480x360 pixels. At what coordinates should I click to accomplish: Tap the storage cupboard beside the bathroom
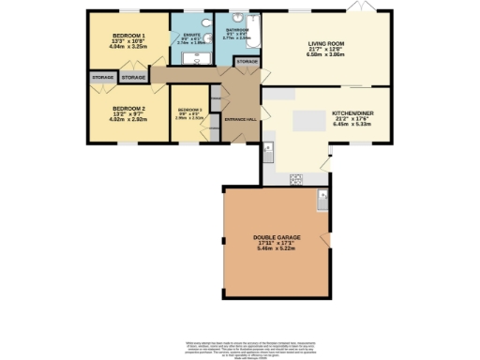pyautogui.click(x=247, y=61)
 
